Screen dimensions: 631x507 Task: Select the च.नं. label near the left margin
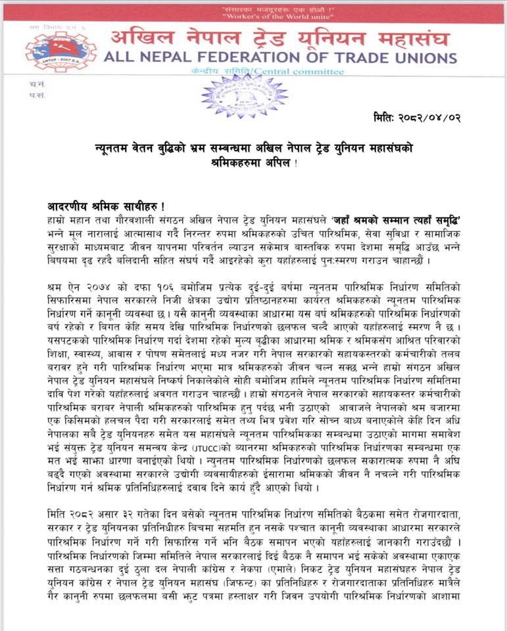pos(37,85)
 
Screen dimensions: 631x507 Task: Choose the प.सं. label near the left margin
pos(37,95)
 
